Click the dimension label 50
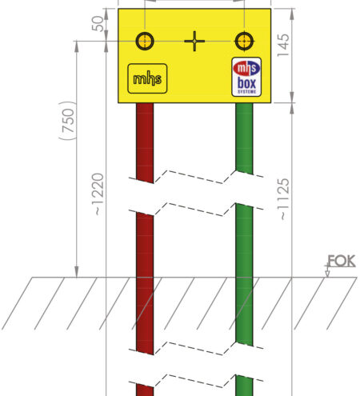coord(98,24)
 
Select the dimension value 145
coord(283,45)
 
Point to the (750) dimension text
coord(68,121)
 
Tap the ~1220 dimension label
coord(98,194)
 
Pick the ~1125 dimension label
coord(283,199)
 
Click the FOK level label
coord(342,261)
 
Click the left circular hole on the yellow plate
coord(145,41)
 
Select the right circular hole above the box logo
coord(244,41)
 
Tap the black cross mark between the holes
coord(194,41)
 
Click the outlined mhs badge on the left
coord(147,78)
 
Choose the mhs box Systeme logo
coord(246,77)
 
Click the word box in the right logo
coord(246,83)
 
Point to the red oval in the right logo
coord(246,68)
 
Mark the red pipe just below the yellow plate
coord(145,142)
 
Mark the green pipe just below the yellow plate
coord(244,138)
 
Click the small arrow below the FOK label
coord(327,271)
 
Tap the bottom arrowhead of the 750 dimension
coord(77,271)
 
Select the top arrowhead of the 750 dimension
coord(77,47)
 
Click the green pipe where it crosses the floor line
coord(244,278)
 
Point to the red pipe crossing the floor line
coord(145,278)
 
